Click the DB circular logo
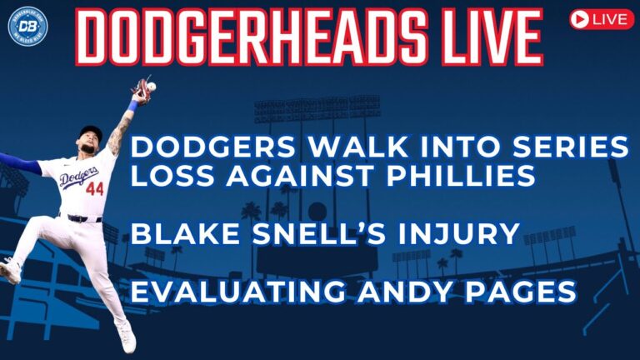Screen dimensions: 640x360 click(27, 26)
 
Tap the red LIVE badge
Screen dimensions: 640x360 click(601, 20)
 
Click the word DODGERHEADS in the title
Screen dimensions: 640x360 click(251, 37)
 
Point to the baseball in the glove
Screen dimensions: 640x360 click(152, 87)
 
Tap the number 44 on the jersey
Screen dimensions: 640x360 click(95, 189)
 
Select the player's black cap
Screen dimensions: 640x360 click(90, 133)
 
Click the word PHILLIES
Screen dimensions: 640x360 click(461, 176)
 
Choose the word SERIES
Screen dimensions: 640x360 click(570, 147)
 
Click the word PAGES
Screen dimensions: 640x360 click(521, 292)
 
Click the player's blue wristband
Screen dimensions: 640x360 click(132, 107)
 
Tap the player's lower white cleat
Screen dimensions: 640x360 click(127, 338)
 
